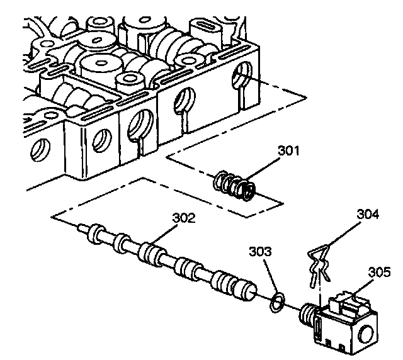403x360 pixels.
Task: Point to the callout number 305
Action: (x=379, y=273)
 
